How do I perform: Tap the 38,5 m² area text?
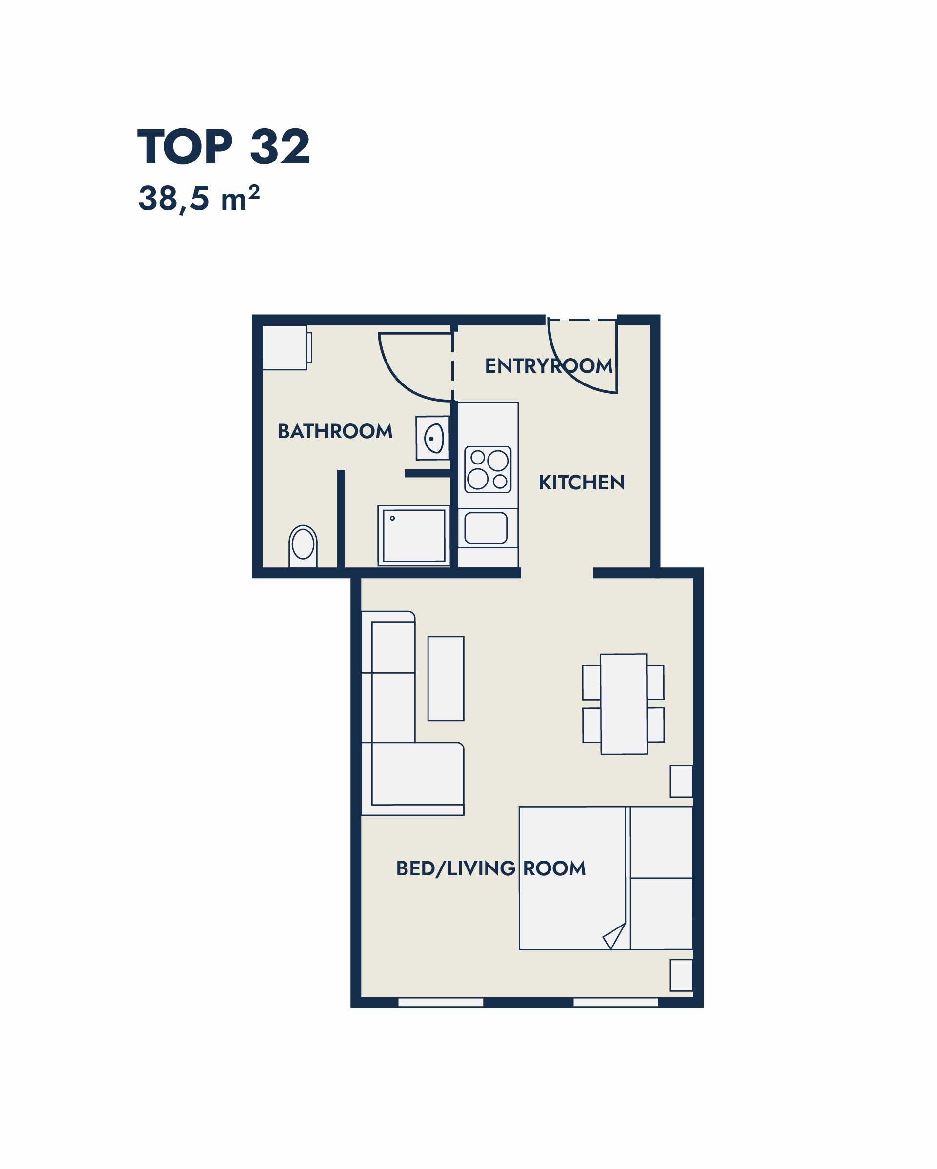(199, 199)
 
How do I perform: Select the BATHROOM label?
(335, 432)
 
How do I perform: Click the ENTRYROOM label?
(549, 366)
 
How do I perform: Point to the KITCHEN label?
(582, 483)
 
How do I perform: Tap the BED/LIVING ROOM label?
(491, 868)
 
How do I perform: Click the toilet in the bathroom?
(303, 546)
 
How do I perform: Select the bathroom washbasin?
(433, 438)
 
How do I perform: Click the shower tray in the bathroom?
(414, 535)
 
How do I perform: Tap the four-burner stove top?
(488, 469)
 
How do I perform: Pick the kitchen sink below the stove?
(486, 528)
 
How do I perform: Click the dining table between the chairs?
(624, 704)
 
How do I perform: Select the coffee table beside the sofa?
(446, 678)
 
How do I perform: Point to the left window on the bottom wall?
(441, 1003)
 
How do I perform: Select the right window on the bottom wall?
(616, 1003)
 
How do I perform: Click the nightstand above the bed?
(681, 781)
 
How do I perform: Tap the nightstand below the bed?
(681, 975)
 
